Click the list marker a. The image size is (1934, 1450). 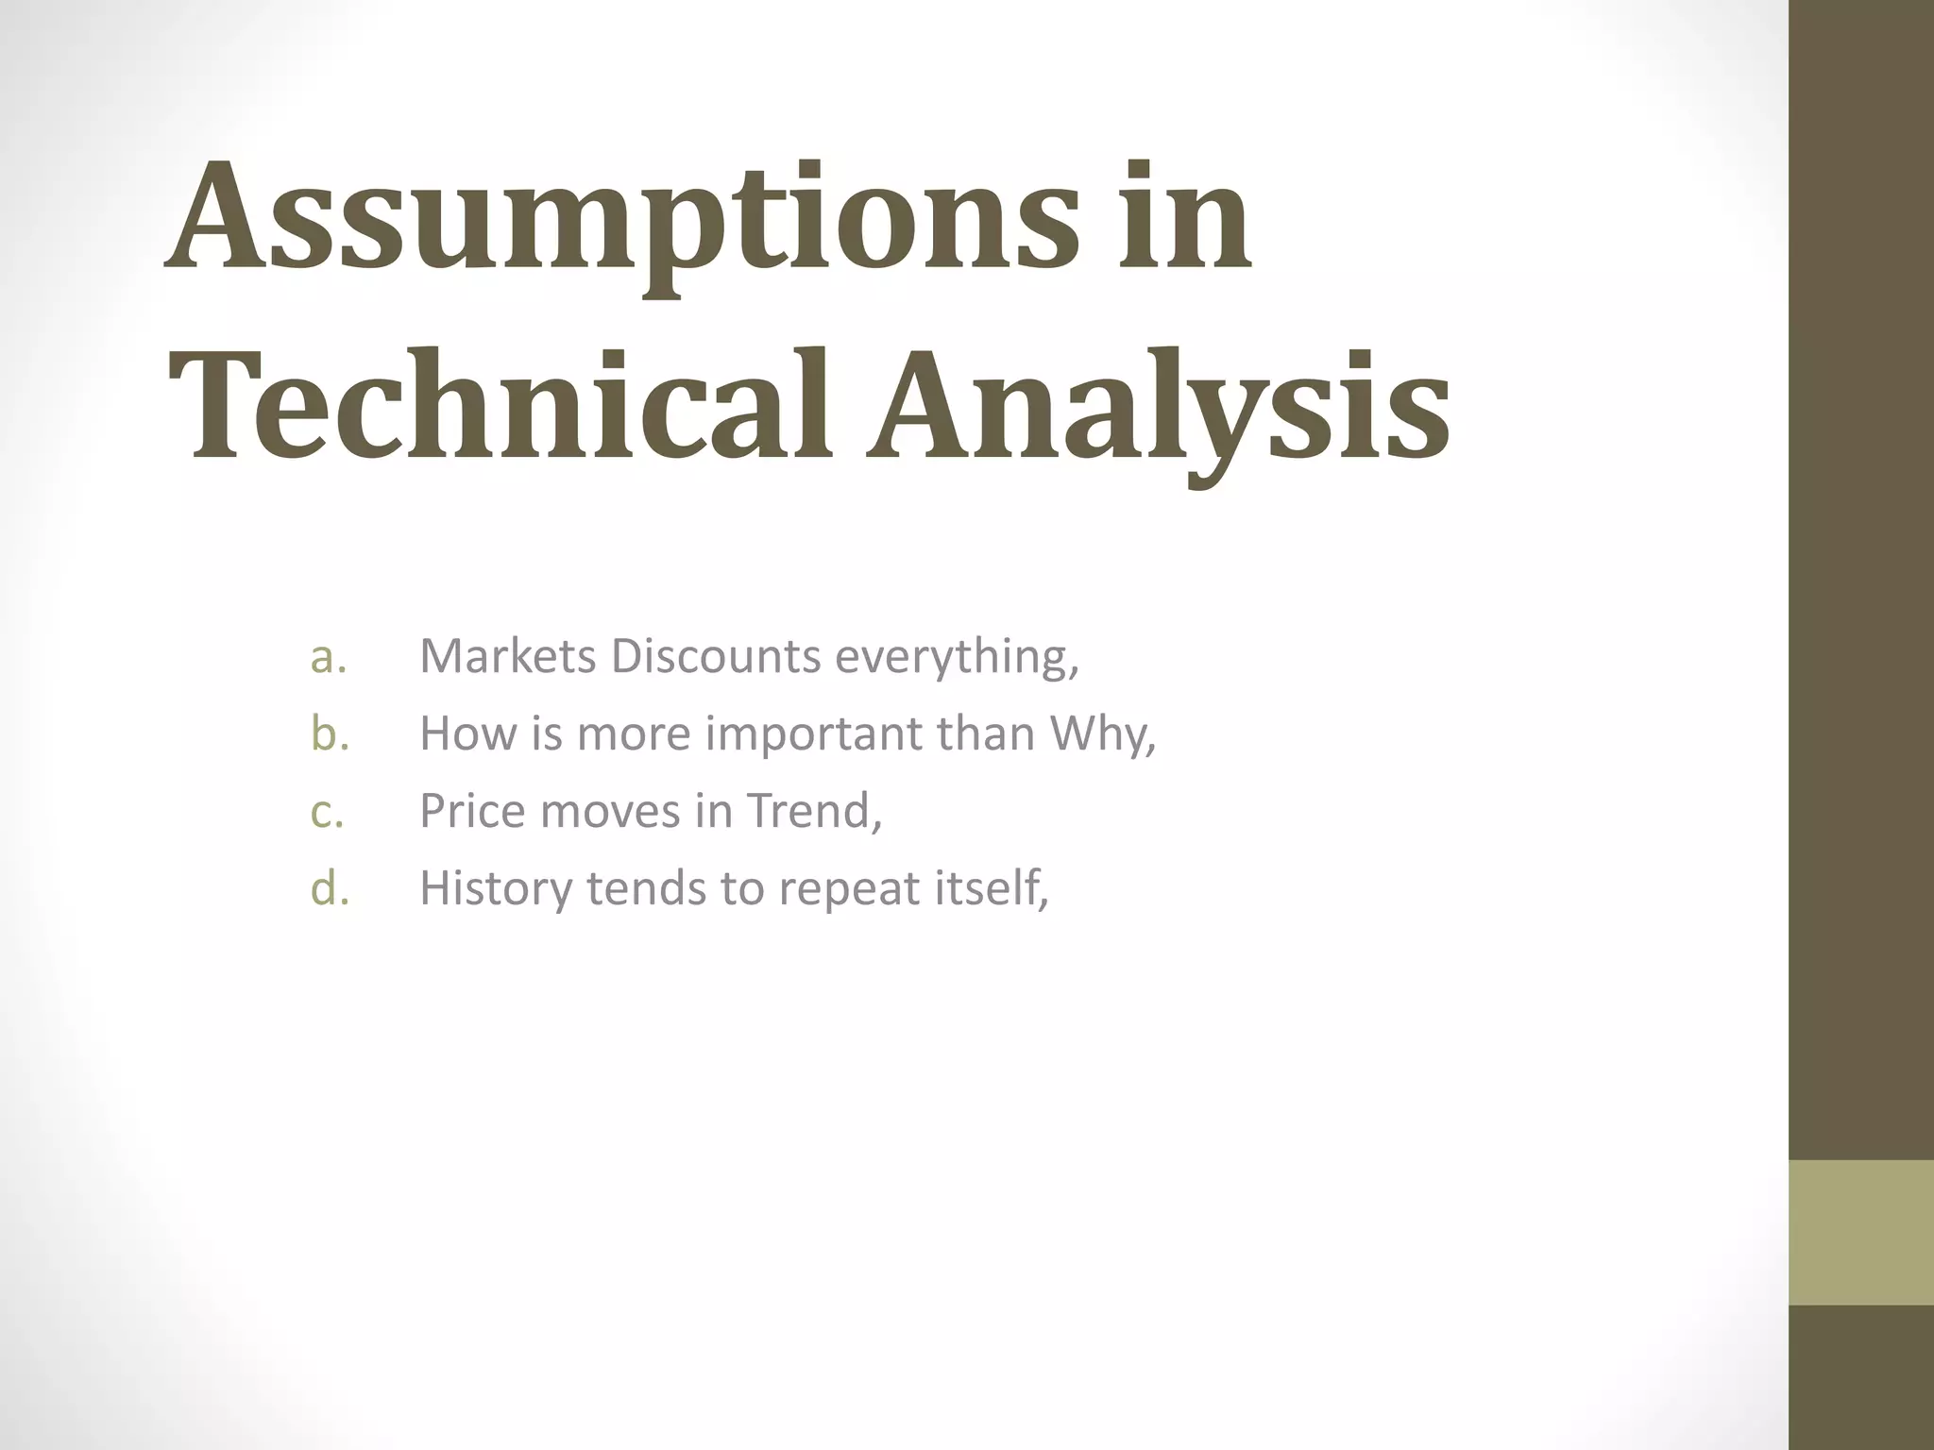(x=328, y=657)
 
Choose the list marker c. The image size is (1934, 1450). (x=327, y=811)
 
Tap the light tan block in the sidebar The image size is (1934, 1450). (x=1860, y=1232)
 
